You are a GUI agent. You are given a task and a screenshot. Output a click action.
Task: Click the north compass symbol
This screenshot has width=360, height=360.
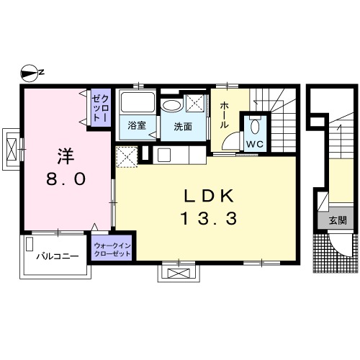click(x=30, y=73)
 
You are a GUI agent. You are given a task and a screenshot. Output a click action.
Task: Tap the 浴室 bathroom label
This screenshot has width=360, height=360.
click(x=137, y=125)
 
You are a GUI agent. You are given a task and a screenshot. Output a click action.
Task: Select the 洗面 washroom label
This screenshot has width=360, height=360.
click(x=183, y=127)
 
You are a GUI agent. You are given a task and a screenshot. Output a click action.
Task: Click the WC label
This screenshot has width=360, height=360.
click(x=255, y=144)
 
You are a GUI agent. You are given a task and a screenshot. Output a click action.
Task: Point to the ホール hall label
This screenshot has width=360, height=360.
click(x=224, y=114)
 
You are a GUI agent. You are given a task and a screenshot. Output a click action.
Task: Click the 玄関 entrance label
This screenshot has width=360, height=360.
click(x=338, y=220)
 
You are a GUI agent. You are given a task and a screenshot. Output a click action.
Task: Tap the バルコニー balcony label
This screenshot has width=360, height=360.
click(x=58, y=256)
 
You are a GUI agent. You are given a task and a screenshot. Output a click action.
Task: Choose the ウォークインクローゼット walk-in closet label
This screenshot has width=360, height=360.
click(x=112, y=250)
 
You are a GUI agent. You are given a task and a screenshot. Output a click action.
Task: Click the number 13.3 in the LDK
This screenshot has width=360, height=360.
click(x=209, y=219)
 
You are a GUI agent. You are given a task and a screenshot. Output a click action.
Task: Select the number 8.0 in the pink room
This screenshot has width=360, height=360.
click(x=66, y=179)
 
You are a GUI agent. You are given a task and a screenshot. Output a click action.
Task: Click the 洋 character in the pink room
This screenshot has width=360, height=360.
click(x=66, y=156)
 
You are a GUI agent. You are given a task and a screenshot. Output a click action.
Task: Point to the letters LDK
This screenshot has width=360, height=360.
click(x=209, y=196)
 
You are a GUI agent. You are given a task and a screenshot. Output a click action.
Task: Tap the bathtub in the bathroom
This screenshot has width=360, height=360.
click(x=138, y=102)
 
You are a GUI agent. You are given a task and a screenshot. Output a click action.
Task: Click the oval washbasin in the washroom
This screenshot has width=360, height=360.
click(x=171, y=105)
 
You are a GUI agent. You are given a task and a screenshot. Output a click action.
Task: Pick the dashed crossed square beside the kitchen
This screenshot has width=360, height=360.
click(x=127, y=157)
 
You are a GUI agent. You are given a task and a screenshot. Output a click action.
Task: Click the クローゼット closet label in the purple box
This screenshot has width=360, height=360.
click(x=101, y=108)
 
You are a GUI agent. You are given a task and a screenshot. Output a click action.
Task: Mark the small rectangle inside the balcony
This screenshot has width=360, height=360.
click(x=30, y=244)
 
